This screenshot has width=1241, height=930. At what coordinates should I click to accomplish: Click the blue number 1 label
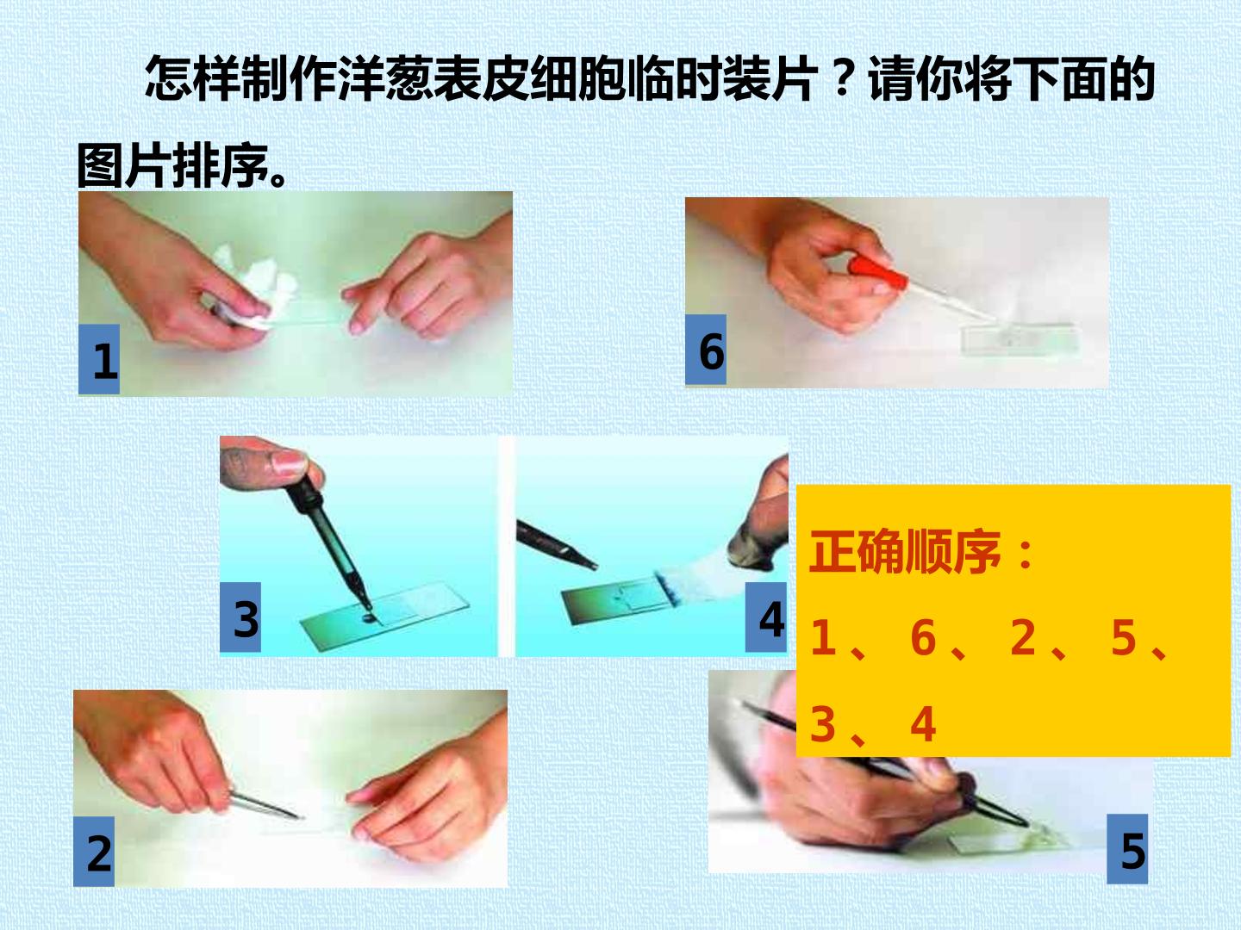coord(99,359)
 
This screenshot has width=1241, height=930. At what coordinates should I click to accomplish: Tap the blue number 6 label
coord(706,350)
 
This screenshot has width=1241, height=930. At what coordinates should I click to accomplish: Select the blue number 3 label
coord(240,617)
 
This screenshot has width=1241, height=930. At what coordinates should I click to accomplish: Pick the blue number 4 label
coord(766,617)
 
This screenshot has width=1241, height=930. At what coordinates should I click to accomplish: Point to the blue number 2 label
coord(94,852)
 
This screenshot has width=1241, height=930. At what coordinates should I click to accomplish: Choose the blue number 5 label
coord(1127,849)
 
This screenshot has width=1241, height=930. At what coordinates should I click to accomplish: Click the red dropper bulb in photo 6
coord(877,273)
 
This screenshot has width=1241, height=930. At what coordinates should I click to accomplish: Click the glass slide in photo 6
coord(1018,338)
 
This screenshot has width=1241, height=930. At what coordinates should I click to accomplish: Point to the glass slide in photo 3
coord(384,617)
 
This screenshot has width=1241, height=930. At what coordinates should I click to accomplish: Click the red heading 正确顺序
coord(905,552)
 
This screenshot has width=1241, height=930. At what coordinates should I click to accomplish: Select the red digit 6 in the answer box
coord(923,637)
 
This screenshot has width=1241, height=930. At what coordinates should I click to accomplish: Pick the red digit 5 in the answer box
coord(1124,637)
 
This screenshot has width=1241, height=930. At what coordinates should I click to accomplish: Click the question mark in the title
coord(842,77)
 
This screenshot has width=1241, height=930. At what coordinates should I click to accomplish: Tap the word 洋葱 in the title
coord(386,78)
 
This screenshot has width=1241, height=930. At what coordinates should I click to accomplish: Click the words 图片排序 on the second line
coord(172,165)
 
